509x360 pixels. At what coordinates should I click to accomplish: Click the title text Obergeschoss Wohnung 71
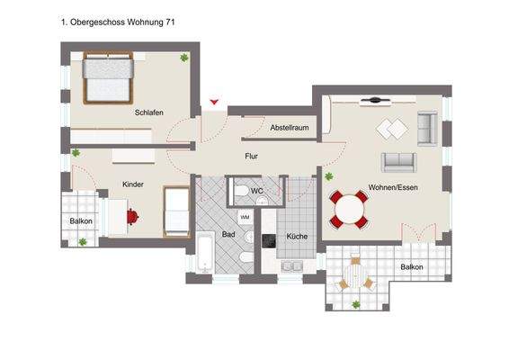point(118,21)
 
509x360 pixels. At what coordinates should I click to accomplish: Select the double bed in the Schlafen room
point(108,79)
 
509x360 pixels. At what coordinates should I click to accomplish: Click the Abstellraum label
point(290,129)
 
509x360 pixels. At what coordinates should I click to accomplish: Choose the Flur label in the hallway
point(252,156)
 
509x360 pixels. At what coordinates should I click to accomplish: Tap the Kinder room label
point(133,184)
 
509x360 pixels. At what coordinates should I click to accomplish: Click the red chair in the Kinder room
point(132,217)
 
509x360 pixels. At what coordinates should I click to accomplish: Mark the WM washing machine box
point(245,217)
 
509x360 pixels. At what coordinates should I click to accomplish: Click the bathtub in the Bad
point(204,252)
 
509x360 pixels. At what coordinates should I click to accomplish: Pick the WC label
point(256,191)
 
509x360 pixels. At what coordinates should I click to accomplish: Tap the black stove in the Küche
point(267,239)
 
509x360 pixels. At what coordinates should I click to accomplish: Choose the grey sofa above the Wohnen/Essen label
point(399,162)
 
